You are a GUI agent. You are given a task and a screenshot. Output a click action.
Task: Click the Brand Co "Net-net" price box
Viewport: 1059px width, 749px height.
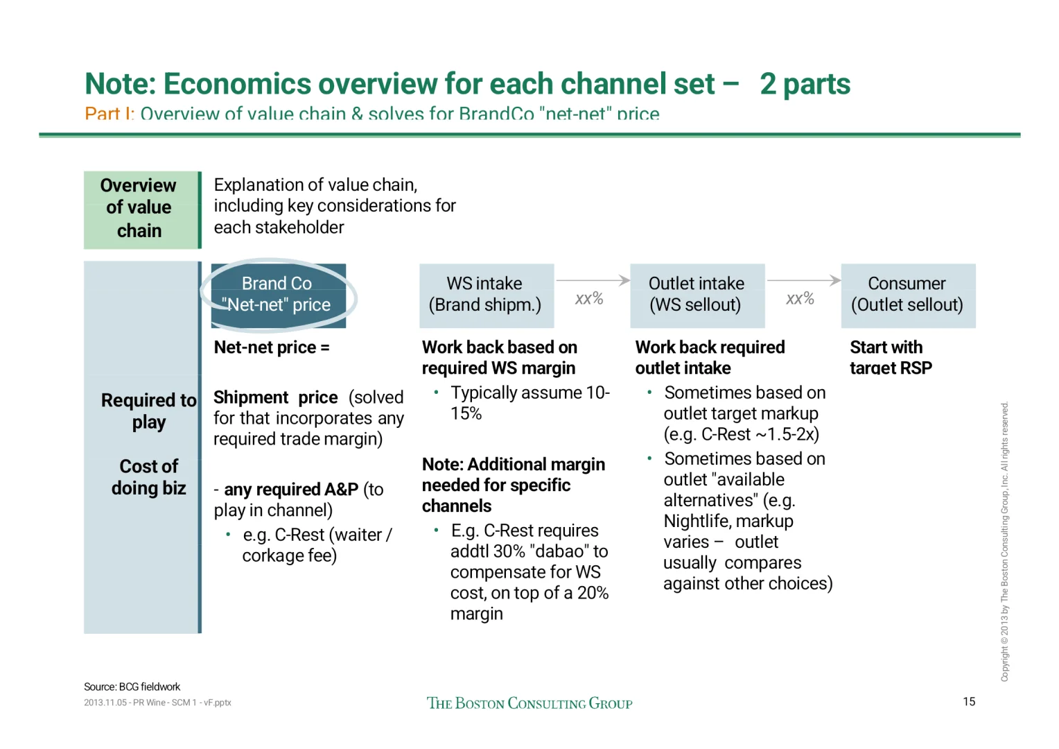point(278,295)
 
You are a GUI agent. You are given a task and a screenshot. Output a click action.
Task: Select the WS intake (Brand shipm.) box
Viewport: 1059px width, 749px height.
point(486,295)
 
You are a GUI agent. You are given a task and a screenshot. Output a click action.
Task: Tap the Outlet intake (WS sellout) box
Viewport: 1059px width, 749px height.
point(697,295)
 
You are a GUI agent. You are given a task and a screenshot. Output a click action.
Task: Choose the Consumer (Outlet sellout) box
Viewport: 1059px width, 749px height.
point(907,295)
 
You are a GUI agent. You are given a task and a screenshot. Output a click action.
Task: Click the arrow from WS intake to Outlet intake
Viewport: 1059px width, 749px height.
point(593,280)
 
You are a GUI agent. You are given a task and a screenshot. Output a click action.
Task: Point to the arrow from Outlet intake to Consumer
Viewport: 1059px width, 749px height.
point(803,280)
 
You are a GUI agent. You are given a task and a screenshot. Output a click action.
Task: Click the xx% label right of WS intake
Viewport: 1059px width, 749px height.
point(589,299)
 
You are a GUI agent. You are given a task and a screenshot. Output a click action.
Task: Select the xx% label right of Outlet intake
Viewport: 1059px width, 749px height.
point(800,299)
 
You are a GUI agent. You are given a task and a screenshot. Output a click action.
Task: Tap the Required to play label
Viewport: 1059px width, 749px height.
point(149,411)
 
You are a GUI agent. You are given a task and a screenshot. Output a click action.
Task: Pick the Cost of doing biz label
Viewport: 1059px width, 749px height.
point(149,477)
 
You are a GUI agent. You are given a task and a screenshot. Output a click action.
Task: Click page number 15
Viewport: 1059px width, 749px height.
point(968,701)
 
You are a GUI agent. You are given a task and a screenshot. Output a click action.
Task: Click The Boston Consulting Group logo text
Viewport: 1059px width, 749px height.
point(529,703)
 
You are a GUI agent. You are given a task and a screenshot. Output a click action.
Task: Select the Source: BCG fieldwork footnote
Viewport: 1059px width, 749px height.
point(132,687)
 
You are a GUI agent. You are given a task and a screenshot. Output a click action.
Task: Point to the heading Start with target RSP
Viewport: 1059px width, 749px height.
point(891,357)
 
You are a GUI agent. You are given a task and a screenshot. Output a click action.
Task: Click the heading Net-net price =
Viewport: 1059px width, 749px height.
point(272,347)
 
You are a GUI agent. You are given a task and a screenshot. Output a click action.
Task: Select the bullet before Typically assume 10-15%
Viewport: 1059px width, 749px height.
point(436,392)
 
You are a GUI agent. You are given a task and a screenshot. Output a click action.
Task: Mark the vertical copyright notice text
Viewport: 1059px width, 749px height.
point(1004,541)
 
